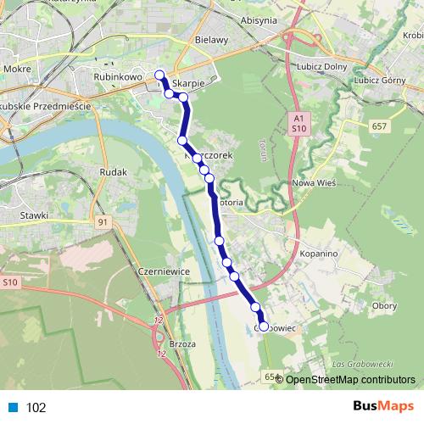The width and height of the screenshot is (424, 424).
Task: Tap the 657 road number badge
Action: click(x=380, y=126)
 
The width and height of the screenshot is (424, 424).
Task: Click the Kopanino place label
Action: click(x=320, y=254)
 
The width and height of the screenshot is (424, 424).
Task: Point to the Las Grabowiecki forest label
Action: click(x=360, y=365)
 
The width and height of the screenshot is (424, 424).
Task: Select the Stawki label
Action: click(x=34, y=215)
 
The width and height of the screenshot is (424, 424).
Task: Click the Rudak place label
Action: click(x=113, y=172)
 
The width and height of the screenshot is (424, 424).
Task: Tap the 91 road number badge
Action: click(x=103, y=222)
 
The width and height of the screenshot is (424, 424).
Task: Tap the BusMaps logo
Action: click(x=383, y=407)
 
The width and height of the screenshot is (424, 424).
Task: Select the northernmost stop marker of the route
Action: click(x=159, y=75)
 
